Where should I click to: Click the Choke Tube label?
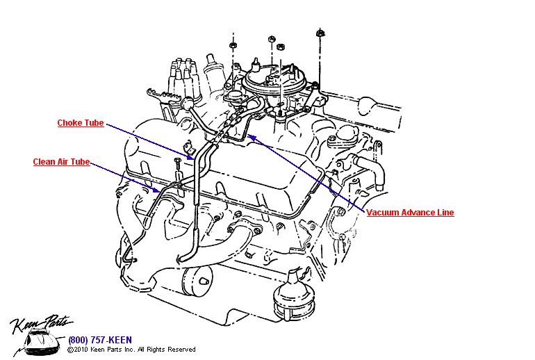80,124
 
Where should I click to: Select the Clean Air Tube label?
61,163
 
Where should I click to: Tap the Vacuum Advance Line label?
410,213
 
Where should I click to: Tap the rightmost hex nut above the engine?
320,32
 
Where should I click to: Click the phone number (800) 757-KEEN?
97,340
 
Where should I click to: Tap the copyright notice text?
131,350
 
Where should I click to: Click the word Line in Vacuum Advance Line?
443,213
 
